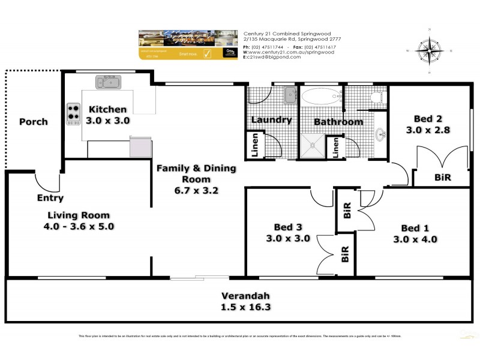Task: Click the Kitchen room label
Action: coord(108,109)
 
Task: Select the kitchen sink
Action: coord(108,82)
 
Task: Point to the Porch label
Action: coord(33,122)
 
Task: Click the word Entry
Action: coord(50,198)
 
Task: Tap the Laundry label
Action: coord(271,119)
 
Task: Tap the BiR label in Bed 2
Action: coord(442,178)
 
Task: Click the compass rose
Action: coord(429,50)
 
